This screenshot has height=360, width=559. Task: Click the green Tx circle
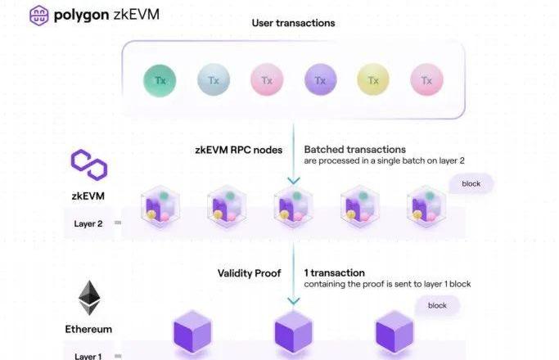pos(160,80)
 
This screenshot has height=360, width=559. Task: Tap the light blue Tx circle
pos(213,80)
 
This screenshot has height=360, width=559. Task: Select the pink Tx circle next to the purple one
pos(267,80)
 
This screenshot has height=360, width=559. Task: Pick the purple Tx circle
pos(320,80)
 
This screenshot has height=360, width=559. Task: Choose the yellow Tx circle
pos(373,80)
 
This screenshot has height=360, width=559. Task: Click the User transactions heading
pos(294,23)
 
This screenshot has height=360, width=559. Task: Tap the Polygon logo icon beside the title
pos(38,16)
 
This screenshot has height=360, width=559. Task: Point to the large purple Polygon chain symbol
pos(88,164)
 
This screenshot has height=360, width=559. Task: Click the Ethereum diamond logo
pos(88,299)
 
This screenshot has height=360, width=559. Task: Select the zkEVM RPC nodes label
pos(238,150)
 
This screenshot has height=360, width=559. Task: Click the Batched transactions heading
pos(354,150)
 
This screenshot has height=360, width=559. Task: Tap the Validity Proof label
pos(250,272)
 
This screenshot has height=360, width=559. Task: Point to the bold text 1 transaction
pos(334,272)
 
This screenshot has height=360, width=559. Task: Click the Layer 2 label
pos(88,223)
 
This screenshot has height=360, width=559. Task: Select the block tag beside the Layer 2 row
pos(471,183)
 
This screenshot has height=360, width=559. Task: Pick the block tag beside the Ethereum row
pos(437,306)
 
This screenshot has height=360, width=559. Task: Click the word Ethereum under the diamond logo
pos(88,330)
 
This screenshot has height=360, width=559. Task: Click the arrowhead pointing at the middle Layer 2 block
pos(293,182)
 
